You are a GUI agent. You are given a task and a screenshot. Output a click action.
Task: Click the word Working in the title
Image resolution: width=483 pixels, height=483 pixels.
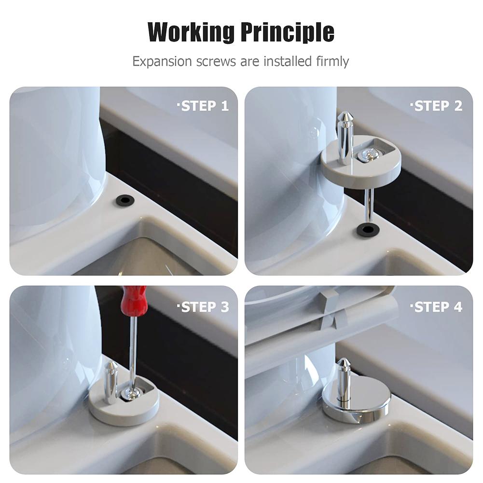click(x=191, y=32)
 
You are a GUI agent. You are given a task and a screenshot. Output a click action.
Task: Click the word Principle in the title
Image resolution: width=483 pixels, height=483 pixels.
click(x=287, y=32)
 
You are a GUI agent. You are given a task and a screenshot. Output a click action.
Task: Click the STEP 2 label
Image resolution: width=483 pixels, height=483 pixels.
click(x=437, y=106)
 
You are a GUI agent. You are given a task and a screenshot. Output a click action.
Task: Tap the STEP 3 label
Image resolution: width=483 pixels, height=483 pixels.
click(x=204, y=307)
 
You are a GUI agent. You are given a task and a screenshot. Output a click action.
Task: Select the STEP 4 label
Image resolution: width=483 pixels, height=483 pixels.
click(x=437, y=307)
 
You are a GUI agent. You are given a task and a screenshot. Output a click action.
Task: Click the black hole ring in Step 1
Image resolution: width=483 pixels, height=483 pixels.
click(x=125, y=200)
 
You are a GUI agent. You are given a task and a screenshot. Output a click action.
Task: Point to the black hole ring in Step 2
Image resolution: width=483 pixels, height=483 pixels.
click(x=368, y=229)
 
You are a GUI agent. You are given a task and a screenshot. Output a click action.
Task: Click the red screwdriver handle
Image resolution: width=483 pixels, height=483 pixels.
click(x=133, y=300)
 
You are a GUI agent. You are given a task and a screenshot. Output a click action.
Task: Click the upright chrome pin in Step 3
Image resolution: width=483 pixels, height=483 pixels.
click(x=111, y=381)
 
